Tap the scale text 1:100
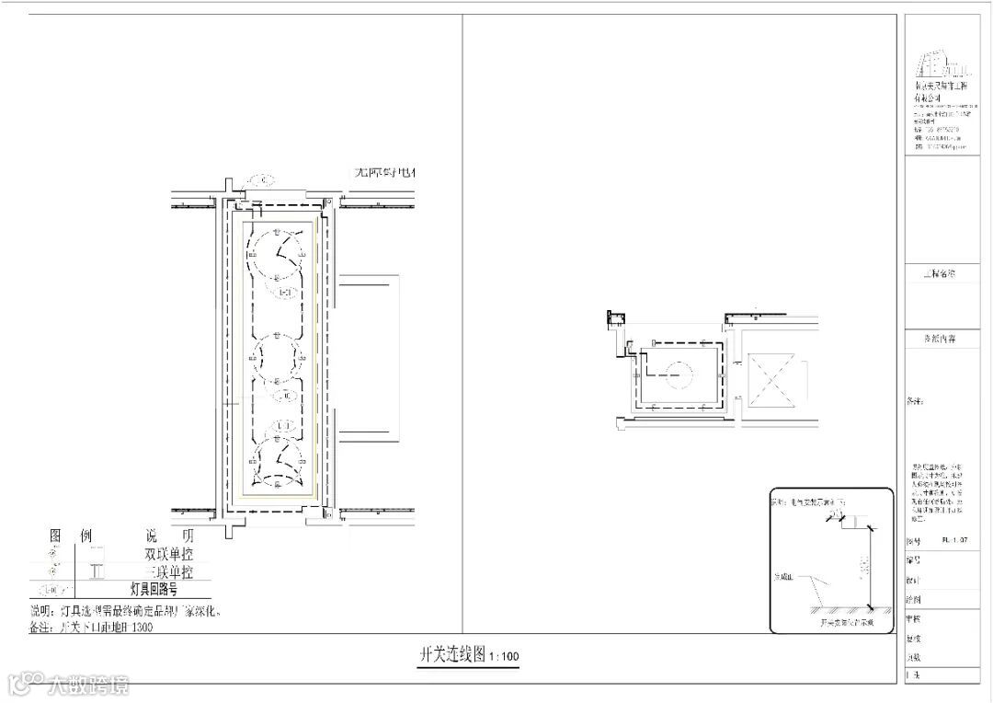505,657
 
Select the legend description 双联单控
169,555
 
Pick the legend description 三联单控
169,572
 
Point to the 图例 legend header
70,536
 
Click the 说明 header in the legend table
169,536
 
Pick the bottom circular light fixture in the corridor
276,460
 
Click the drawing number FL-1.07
956,542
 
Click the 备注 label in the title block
915,402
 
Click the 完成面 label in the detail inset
782,577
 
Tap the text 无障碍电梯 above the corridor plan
386,172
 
